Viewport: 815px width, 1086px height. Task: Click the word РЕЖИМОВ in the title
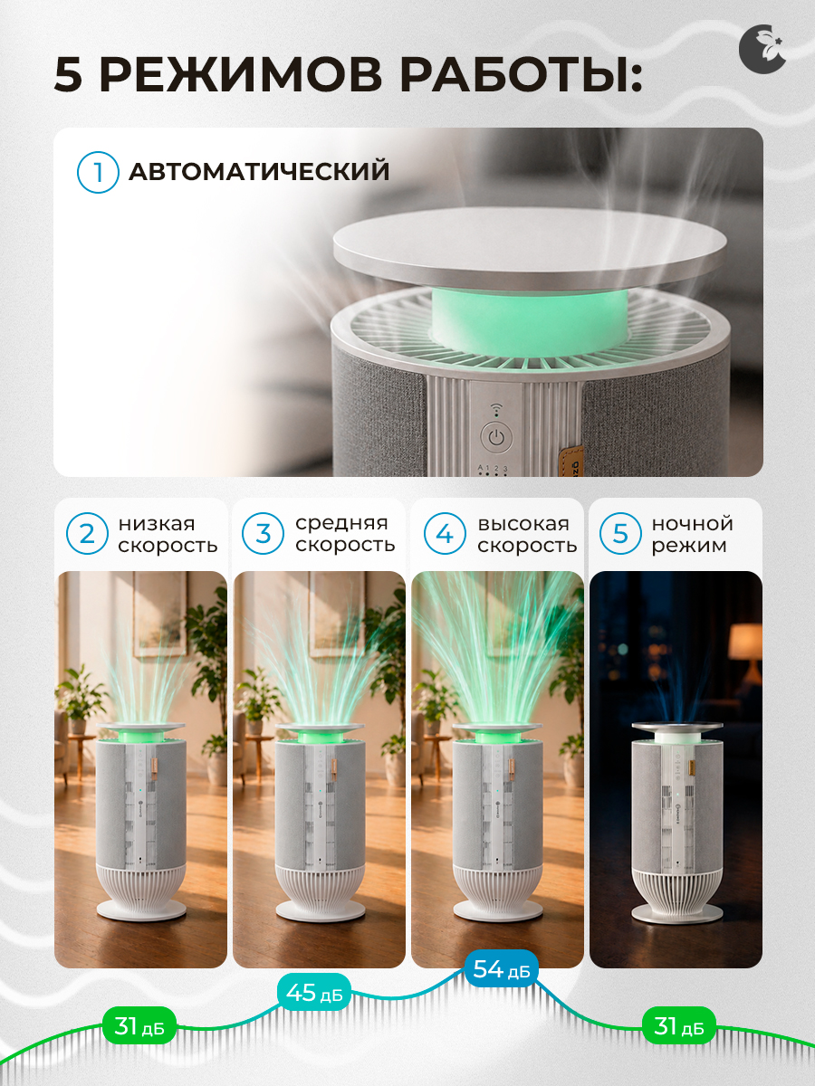[x=241, y=76]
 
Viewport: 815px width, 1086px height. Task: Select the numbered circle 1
[x=98, y=172]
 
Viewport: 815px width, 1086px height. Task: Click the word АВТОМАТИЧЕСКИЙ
[x=259, y=172]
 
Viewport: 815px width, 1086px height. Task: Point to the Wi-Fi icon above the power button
[x=496, y=410]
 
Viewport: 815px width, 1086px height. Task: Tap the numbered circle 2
[x=87, y=534]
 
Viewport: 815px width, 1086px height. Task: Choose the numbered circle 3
[x=263, y=534]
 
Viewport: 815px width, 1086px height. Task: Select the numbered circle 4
[x=445, y=534]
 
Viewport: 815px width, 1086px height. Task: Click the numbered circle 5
[x=620, y=534]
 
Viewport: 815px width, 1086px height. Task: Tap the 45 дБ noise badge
[x=313, y=991]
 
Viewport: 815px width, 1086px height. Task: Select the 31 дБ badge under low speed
[x=139, y=1025]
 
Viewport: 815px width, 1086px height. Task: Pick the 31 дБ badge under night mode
[x=679, y=1025]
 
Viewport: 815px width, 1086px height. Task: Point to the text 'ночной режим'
[x=692, y=534]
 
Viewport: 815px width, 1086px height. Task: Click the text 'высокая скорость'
[x=527, y=534]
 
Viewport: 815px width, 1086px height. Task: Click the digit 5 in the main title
[x=68, y=76]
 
